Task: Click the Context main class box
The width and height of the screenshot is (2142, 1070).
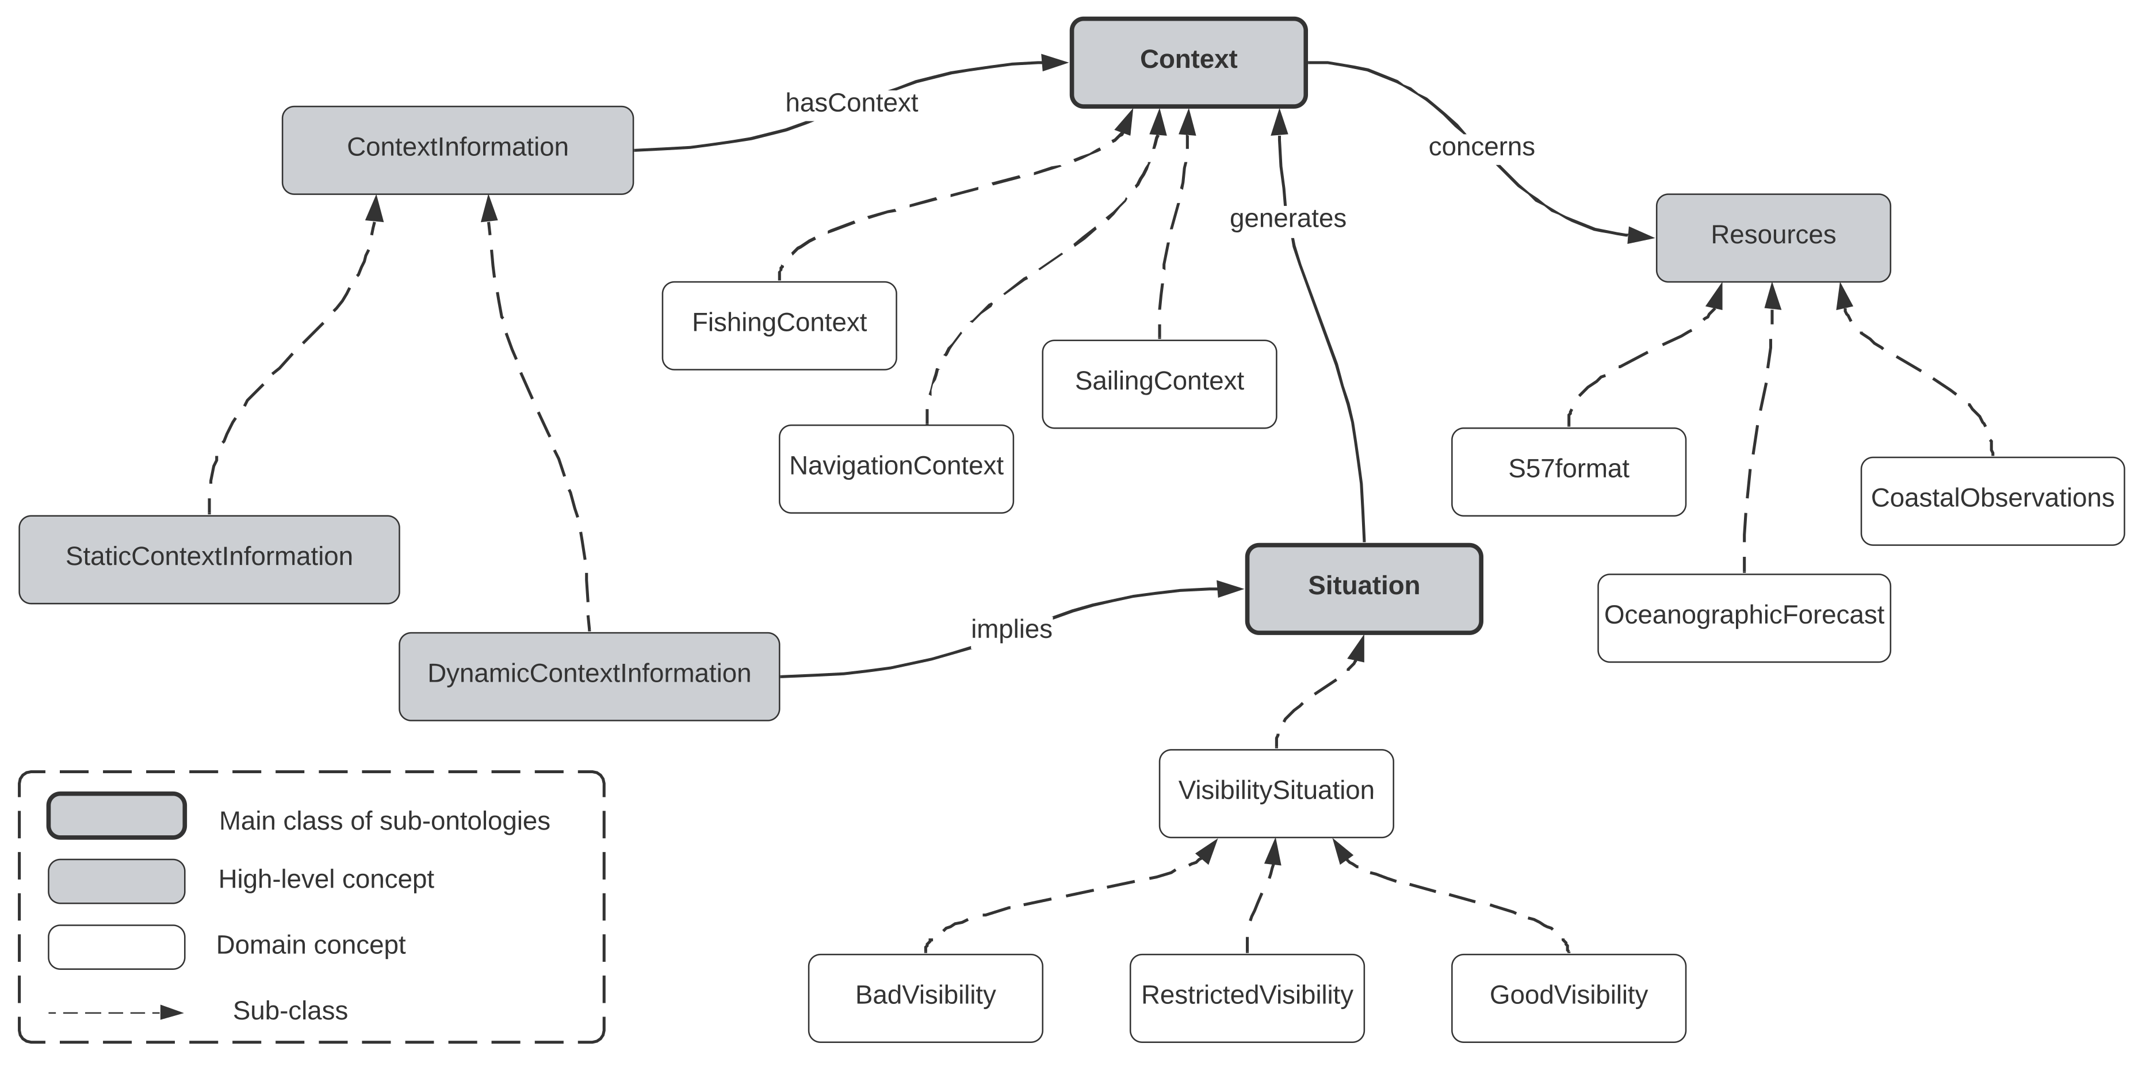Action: click(x=1188, y=62)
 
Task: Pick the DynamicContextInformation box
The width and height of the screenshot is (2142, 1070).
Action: click(x=589, y=676)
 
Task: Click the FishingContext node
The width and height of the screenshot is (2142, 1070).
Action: click(x=779, y=325)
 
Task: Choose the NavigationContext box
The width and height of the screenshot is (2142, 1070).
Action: click(x=896, y=469)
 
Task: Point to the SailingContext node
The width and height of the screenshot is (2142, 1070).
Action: click(x=1159, y=384)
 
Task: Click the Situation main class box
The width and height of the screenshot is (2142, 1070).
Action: click(x=1364, y=588)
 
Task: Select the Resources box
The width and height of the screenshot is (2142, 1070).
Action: click(x=1773, y=238)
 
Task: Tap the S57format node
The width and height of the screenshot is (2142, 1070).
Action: click(x=1568, y=471)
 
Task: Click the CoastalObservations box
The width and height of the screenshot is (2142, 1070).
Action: click(x=1992, y=500)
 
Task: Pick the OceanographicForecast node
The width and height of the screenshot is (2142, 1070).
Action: click(x=1744, y=618)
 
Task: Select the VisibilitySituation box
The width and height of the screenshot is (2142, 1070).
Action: click(x=1276, y=793)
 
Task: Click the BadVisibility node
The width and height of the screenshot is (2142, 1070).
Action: click(x=925, y=998)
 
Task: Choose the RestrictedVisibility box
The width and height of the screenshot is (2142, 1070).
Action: click(x=1246, y=998)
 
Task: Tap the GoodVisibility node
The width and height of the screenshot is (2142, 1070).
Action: click(x=1568, y=998)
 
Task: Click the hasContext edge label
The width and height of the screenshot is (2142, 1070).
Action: click(x=851, y=103)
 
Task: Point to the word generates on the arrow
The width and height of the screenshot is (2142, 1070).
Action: click(x=1287, y=219)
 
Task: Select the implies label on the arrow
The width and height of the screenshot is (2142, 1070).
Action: click(x=1011, y=629)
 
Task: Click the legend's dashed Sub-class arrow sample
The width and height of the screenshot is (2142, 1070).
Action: click(x=116, y=1012)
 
